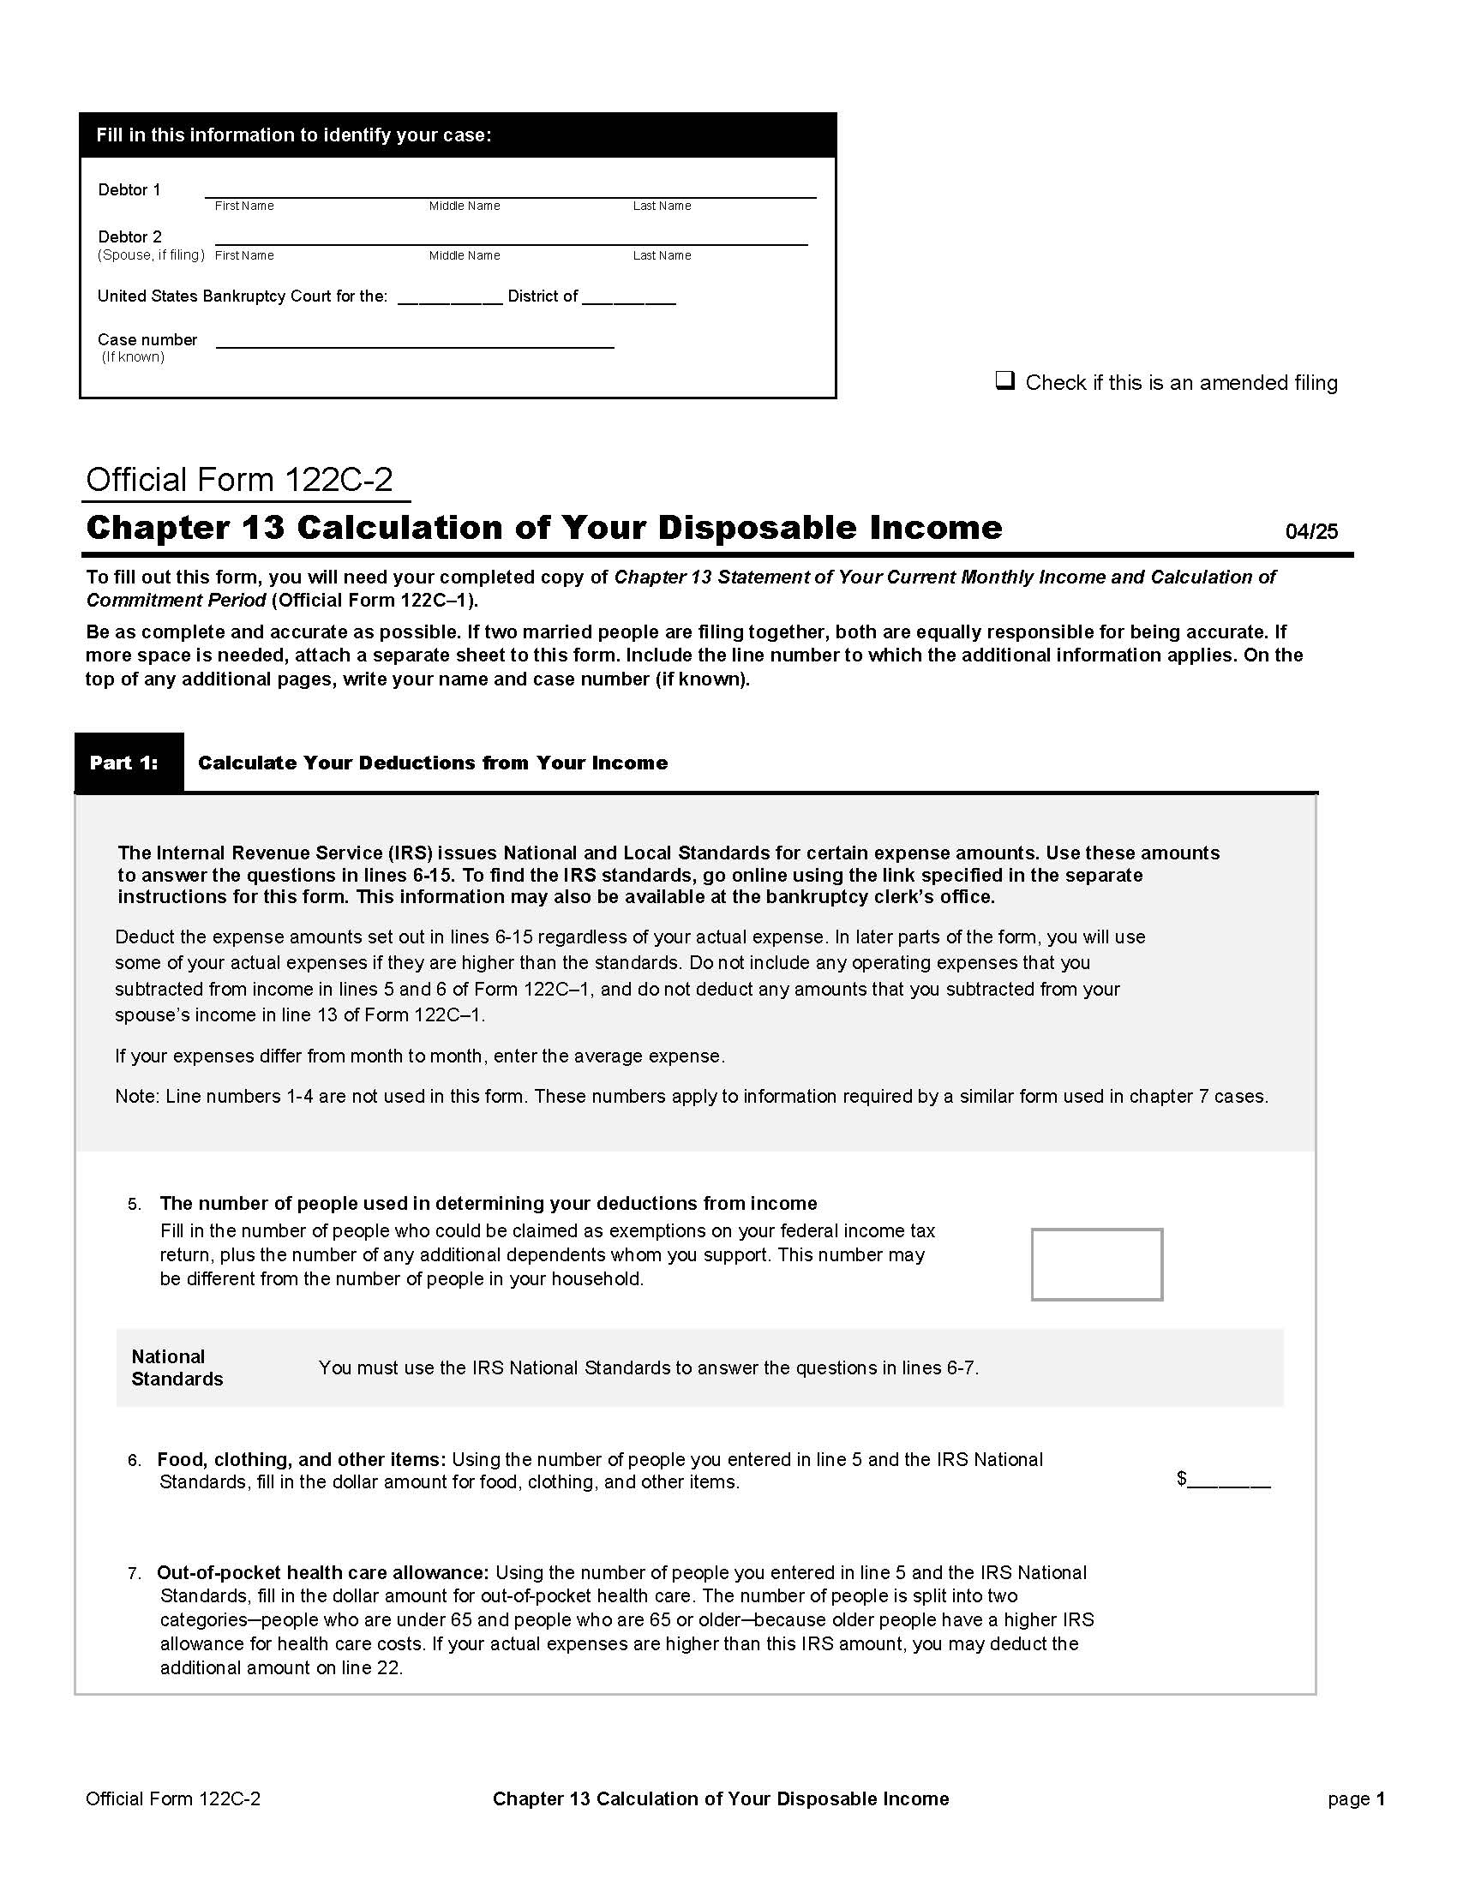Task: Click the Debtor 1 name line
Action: [x=509, y=192]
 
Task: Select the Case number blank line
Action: [x=414, y=343]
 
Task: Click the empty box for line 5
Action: [x=1096, y=1264]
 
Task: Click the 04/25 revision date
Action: [x=1311, y=532]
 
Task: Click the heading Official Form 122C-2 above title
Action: [x=239, y=480]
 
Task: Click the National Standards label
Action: [x=176, y=1367]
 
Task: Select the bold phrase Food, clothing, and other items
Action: [x=301, y=1459]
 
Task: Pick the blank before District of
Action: [x=450, y=299]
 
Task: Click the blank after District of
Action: [x=628, y=299]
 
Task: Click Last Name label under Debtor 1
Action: [x=662, y=206]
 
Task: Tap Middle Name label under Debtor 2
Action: [x=465, y=255]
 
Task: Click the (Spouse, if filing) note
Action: [x=151, y=255]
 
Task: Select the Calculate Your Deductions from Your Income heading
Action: [x=433, y=763]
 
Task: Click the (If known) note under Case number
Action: [x=133, y=357]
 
